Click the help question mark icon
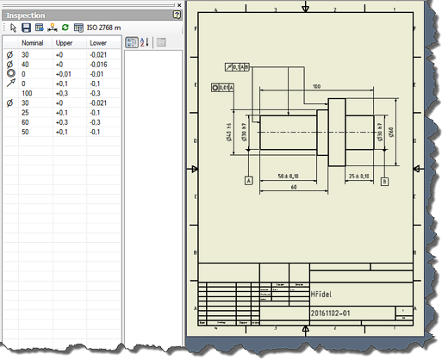coord(177,16)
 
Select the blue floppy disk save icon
coord(27,28)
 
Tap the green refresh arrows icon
coord(65,28)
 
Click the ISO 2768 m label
coord(104,28)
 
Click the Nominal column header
coord(34,41)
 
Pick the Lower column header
coord(99,41)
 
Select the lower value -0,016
coord(98,64)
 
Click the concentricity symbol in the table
coord(10,73)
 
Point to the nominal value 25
coord(27,112)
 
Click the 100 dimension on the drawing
coord(317,87)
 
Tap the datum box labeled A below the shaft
coord(248,182)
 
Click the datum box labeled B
coord(385,182)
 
